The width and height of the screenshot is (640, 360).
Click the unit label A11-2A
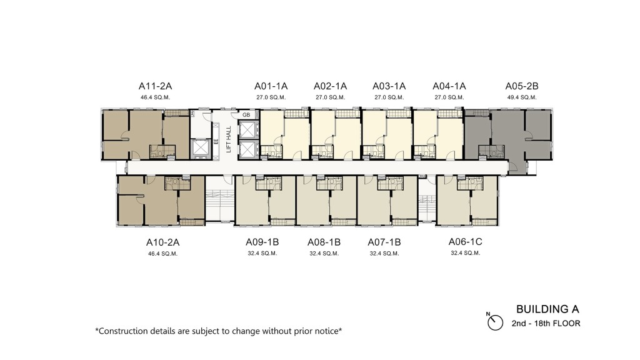tap(155, 86)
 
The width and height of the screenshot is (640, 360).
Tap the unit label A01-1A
tap(271, 86)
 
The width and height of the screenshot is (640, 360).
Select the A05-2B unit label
tap(522, 86)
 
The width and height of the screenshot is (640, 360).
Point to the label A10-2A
tap(163, 242)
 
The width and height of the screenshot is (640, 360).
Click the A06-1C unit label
tap(465, 242)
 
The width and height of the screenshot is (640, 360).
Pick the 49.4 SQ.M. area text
tap(522, 97)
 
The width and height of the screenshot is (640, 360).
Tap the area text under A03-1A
tap(389, 97)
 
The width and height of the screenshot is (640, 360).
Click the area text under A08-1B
tap(324, 254)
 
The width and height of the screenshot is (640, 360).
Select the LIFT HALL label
tap(229, 139)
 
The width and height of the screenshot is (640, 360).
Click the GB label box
tap(246, 115)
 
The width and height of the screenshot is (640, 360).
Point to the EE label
tap(216, 142)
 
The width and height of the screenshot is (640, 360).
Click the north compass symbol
tap(495, 322)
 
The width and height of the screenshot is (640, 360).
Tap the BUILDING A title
tap(547, 309)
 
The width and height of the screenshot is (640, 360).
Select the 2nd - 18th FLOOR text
tap(546, 324)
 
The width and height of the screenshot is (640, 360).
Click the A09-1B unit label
tap(262, 242)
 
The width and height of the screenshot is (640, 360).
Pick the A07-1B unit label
tap(384, 242)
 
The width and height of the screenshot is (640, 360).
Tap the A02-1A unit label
tap(330, 86)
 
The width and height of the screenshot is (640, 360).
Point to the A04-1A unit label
tap(449, 86)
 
